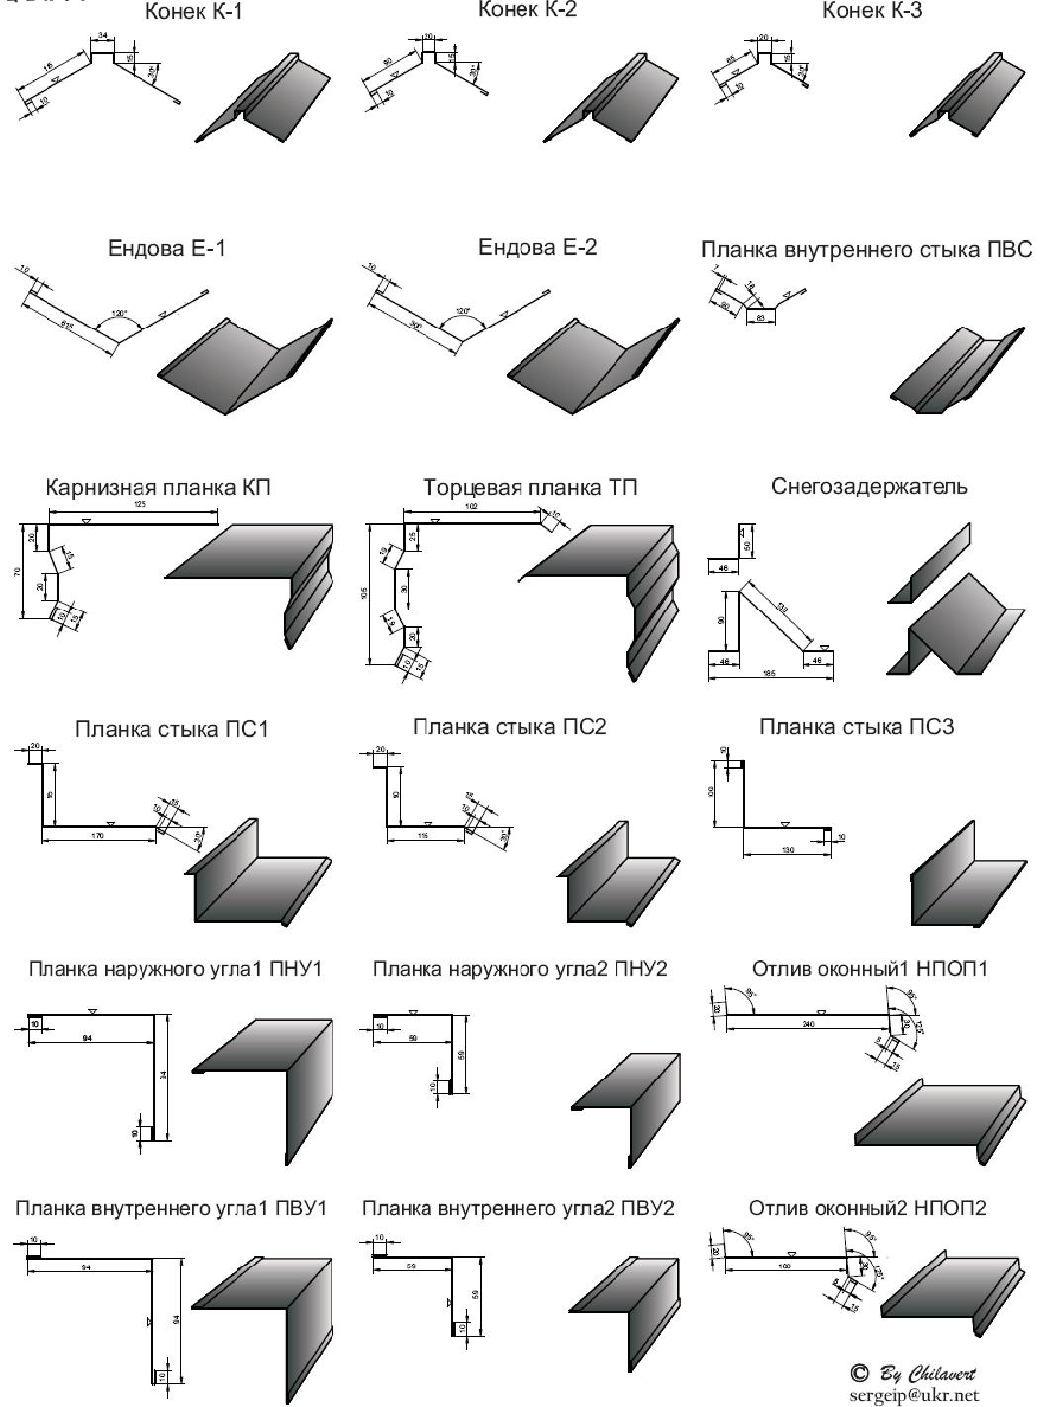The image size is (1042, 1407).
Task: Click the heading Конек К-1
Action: (x=194, y=13)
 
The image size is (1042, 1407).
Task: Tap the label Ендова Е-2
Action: (x=537, y=247)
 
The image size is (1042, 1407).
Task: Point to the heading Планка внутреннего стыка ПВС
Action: (x=867, y=249)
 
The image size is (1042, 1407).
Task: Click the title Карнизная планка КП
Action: (x=157, y=488)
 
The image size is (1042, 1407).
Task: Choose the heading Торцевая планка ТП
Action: (x=530, y=488)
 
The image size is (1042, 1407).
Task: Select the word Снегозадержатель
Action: (x=870, y=487)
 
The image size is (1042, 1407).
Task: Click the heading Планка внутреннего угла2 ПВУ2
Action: (x=519, y=1209)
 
